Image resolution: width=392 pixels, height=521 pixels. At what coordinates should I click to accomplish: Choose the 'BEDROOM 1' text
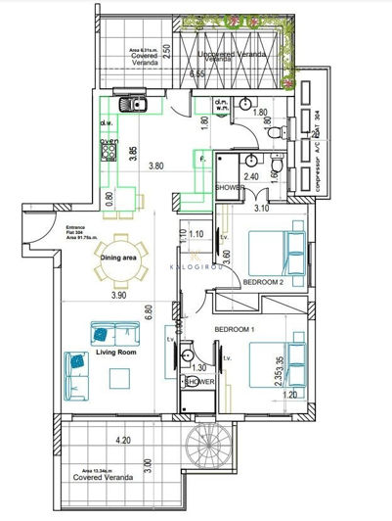(235, 329)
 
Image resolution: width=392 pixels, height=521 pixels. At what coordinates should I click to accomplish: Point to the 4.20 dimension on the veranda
(122, 440)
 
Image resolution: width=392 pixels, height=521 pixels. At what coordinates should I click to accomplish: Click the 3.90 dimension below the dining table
(118, 295)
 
